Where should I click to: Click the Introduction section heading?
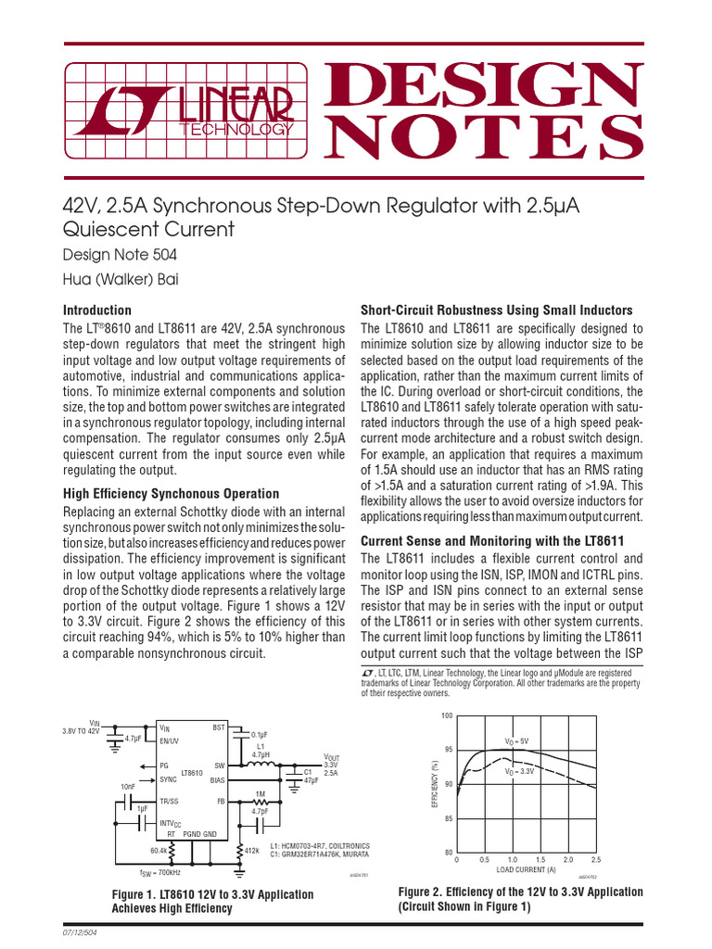(96, 310)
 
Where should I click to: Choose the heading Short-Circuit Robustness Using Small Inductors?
(496, 310)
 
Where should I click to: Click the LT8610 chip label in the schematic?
(192, 772)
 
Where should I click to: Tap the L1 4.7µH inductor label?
(260, 750)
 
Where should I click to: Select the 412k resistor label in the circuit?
(252, 850)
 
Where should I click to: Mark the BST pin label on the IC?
(219, 728)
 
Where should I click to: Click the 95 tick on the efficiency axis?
(448, 750)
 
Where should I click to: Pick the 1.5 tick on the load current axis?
(540, 859)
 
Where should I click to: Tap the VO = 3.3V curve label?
(521, 771)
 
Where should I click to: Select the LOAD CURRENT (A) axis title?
(526, 869)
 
